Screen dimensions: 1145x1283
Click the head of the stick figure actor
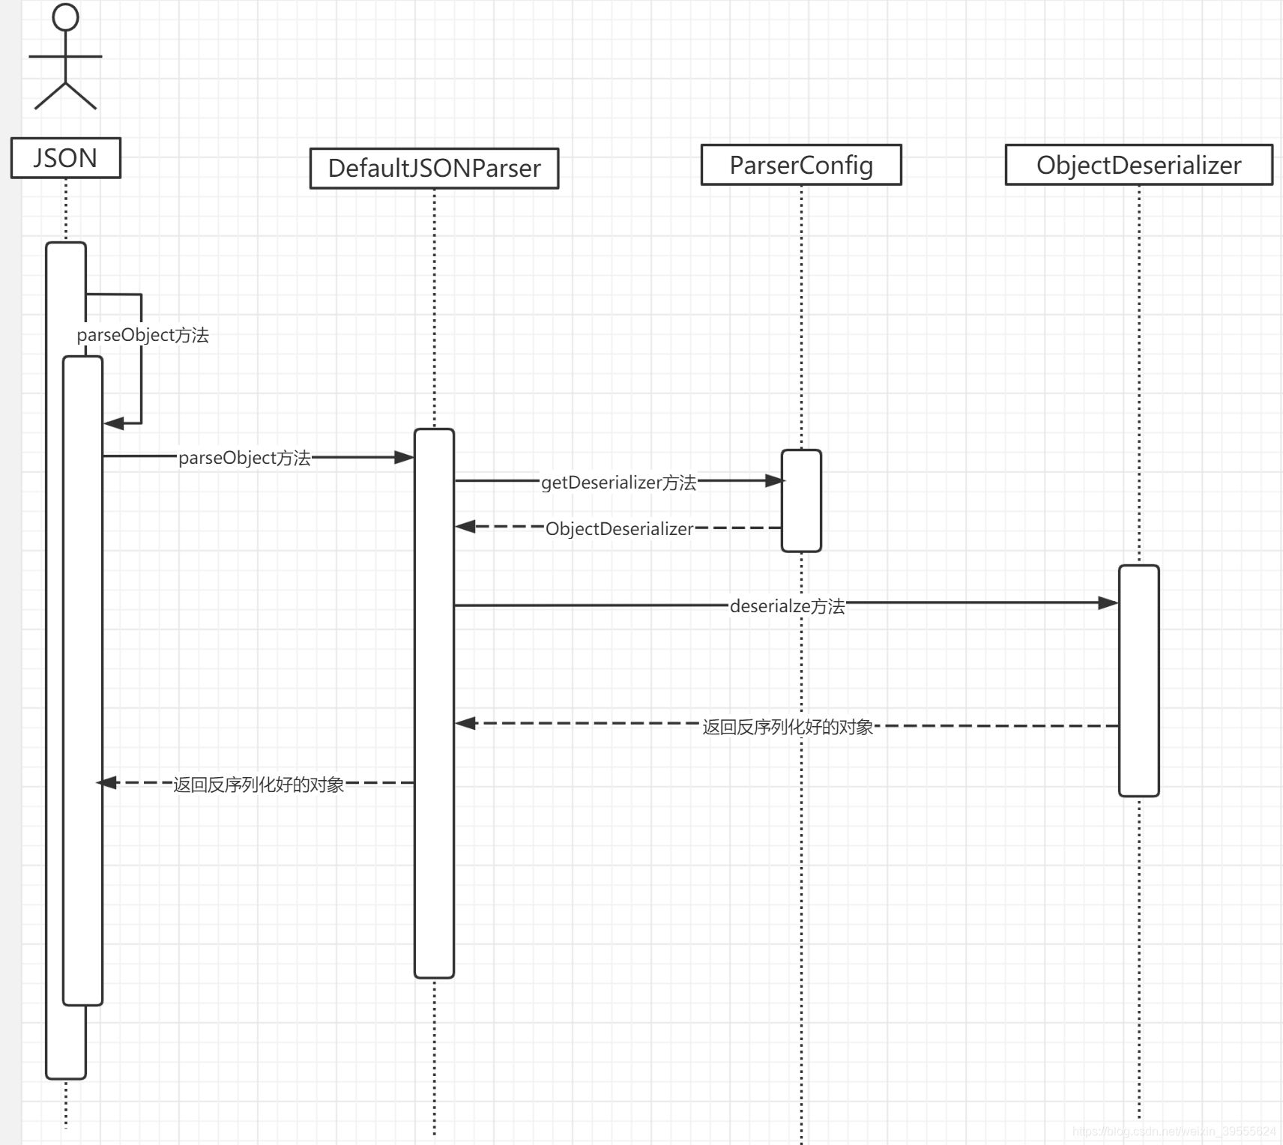(x=66, y=17)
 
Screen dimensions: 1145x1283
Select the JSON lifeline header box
(x=66, y=158)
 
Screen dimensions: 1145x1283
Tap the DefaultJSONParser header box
(x=434, y=169)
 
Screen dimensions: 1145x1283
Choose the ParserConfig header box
(x=801, y=165)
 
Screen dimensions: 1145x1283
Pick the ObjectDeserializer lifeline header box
(x=1138, y=165)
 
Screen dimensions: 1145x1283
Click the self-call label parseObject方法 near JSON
(x=142, y=335)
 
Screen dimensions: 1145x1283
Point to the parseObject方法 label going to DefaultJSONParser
(x=244, y=458)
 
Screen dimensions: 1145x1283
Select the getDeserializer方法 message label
(x=618, y=483)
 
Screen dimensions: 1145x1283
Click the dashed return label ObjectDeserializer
(x=619, y=529)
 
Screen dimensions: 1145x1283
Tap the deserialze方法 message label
(x=787, y=606)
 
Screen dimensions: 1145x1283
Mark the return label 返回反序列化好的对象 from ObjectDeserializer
(x=788, y=727)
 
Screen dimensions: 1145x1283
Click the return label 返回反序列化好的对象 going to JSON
(x=259, y=785)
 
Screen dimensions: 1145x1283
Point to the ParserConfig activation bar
(x=801, y=501)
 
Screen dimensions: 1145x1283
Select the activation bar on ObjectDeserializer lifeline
(x=1138, y=680)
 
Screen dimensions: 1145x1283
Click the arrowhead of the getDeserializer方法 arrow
(x=774, y=481)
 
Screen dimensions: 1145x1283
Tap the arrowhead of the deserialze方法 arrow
(x=1108, y=602)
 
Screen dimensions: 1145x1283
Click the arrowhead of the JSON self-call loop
(x=113, y=423)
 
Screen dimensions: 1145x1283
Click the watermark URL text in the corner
(x=1174, y=1132)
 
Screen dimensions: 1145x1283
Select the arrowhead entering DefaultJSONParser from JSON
(x=405, y=457)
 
